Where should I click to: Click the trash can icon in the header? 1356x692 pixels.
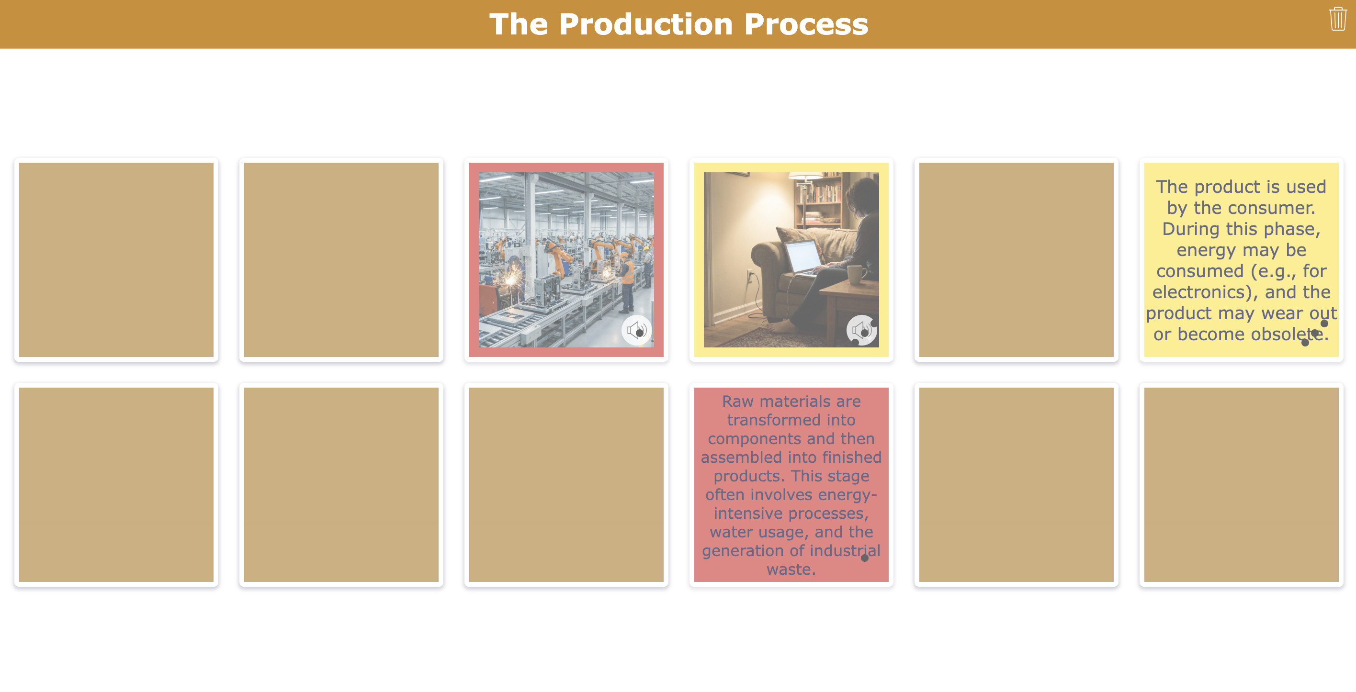coord(1338,20)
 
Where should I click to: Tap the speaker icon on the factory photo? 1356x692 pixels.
coord(636,331)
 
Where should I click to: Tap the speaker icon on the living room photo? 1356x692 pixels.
coord(861,331)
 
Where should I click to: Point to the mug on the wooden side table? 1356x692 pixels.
coord(855,274)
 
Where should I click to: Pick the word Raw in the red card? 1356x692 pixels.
coord(737,402)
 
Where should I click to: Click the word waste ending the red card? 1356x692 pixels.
coord(790,569)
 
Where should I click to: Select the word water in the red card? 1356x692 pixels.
coord(729,532)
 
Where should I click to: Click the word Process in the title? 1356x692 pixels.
coord(806,24)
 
